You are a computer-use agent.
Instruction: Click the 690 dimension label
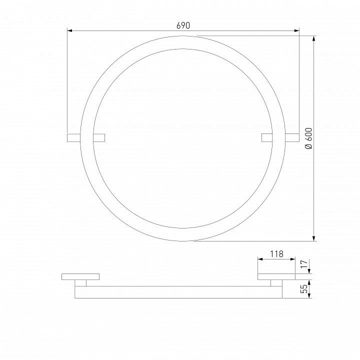pyautogui.click(x=183, y=25)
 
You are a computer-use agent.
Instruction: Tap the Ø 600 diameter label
pyautogui.click(x=309, y=138)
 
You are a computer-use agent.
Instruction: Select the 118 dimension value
pyautogui.click(x=276, y=254)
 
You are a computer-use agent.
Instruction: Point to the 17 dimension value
pyautogui.click(x=303, y=265)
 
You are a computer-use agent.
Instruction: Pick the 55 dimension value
pyautogui.click(x=303, y=289)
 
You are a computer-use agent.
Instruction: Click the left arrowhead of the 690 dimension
pyautogui.click(x=70, y=30)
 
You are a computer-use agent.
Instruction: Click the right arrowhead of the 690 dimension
pyautogui.click(x=296, y=30)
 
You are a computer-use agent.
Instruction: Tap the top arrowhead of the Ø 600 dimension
pyautogui.click(x=314, y=38)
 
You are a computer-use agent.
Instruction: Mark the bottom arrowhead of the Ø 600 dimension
pyautogui.click(x=314, y=238)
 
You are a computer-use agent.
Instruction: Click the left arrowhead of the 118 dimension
pyautogui.click(x=260, y=259)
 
